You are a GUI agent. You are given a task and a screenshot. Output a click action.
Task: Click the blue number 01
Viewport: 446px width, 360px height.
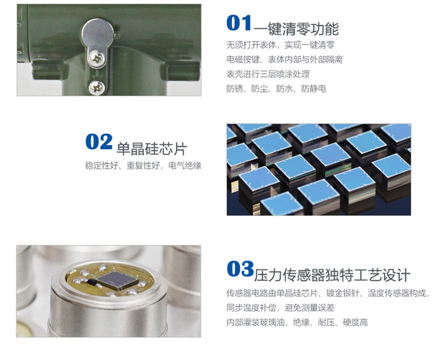point(239,23)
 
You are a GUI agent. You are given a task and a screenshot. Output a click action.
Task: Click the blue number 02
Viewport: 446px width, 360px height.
point(99,141)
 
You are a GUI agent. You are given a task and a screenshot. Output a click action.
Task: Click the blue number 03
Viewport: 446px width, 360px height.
point(240,269)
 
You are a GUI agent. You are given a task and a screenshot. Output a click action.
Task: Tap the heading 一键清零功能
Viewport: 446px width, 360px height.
point(296,29)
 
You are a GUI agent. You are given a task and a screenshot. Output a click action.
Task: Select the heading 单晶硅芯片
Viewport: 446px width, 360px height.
point(152,148)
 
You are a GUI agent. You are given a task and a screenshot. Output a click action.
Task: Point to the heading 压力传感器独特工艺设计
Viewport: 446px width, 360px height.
point(332,275)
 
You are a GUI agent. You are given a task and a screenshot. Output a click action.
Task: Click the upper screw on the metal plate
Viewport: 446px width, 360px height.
point(97,59)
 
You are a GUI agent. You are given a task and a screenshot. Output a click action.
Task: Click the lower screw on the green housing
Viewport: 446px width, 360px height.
point(96,87)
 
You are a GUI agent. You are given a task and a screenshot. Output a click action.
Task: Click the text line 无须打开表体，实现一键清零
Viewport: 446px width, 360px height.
point(280,45)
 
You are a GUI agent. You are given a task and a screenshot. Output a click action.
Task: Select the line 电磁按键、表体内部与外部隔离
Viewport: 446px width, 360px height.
point(284,59)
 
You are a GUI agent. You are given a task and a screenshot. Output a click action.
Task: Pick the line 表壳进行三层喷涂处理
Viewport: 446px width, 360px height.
point(268,74)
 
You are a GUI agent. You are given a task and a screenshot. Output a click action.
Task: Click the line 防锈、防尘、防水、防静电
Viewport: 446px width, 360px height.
point(276,89)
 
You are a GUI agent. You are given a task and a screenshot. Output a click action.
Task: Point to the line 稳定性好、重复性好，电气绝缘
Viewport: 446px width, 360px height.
point(143,166)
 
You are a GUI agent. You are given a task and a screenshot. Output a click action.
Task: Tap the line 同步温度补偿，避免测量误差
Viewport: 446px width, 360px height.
point(280,308)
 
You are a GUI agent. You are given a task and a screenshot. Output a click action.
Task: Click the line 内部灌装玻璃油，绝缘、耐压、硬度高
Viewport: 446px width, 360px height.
point(297,322)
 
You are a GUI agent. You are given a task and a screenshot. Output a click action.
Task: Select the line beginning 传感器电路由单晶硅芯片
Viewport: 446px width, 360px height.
point(327,293)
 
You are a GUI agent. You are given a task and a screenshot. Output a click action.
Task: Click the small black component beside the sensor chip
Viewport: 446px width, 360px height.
point(92,281)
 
